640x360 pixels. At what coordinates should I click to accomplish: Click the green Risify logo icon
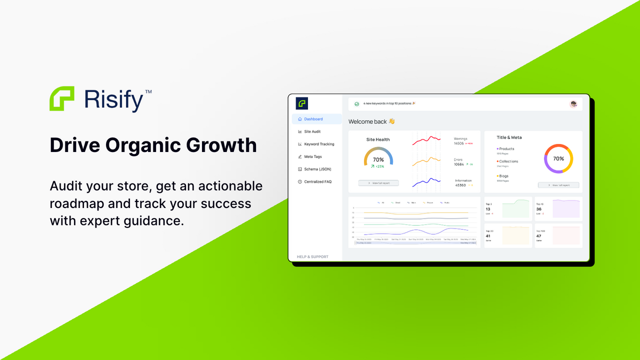pyautogui.click(x=62, y=98)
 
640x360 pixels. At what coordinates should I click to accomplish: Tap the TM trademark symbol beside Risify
pyautogui.click(x=148, y=92)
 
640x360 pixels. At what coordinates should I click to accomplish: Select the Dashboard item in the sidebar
pyautogui.click(x=313, y=119)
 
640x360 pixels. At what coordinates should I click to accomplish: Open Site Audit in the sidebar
pyautogui.click(x=312, y=131)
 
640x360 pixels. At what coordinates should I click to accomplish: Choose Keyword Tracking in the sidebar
pyautogui.click(x=319, y=144)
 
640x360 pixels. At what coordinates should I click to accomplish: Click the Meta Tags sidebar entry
pyautogui.click(x=313, y=156)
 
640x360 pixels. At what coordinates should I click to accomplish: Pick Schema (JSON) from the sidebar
pyautogui.click(x=317, y=169)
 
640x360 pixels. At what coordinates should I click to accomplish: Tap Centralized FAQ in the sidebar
pyautogui.click(x=317, y=181)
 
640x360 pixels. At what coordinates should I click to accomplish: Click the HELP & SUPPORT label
pyautogui.click(x=312, y=256)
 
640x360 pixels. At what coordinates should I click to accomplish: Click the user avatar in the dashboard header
pyautogui.click(x=573, y=104)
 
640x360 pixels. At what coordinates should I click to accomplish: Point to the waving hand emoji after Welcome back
pyautogui.click(x=391, y=121)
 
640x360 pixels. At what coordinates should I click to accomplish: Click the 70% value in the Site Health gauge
pyautogui.click(x=378, y=160)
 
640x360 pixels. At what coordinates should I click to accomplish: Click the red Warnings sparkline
pyautogui.click(x=426, y=140)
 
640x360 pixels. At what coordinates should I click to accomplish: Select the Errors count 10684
pyautogui.click(x=459, y=164)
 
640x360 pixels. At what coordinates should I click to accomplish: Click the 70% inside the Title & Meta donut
pyautogui.click(x=558, y=158)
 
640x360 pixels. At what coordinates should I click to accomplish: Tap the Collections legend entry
pyautogui.click(x=508, y=161)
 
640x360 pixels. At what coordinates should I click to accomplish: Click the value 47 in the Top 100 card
pyautogui.click(x=538, y=236)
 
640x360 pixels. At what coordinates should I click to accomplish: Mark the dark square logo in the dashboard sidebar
pyautogui.click(x=302, y=103)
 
